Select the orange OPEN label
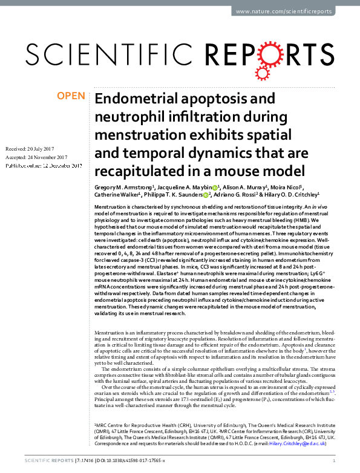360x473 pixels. pos(70,96)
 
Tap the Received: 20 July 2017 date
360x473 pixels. pos(30,148)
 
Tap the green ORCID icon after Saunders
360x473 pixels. pos(206,195)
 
